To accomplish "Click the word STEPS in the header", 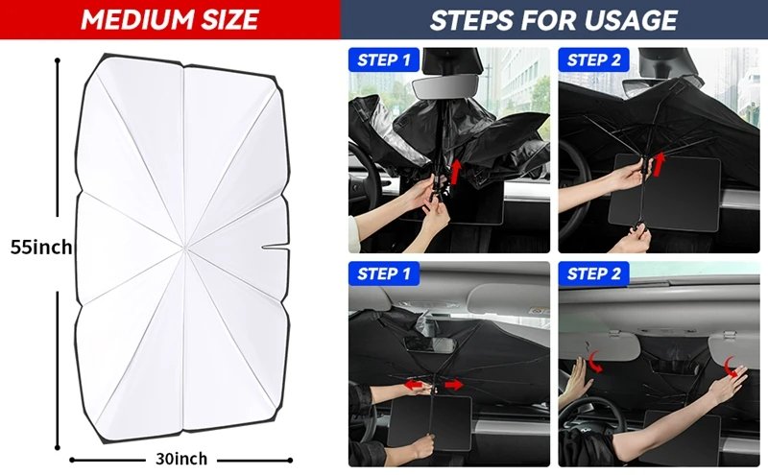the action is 472,20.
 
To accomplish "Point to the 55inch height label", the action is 41,248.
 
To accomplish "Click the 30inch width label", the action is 181,459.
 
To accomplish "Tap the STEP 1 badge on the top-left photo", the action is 384,59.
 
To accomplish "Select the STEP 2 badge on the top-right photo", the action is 593,59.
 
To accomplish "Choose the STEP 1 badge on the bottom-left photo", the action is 384,273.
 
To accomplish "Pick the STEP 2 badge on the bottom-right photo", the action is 593,273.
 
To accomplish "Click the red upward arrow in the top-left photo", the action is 456,172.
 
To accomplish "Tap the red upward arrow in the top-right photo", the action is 660,164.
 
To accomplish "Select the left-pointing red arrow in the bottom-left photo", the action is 414,385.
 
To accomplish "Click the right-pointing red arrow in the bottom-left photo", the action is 453,385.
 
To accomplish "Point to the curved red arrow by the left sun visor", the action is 594,362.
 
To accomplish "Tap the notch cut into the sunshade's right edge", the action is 275,247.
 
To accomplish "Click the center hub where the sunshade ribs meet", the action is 184,247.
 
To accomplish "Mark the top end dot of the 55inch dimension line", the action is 58,60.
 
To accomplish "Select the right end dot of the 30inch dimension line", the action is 290,461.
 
